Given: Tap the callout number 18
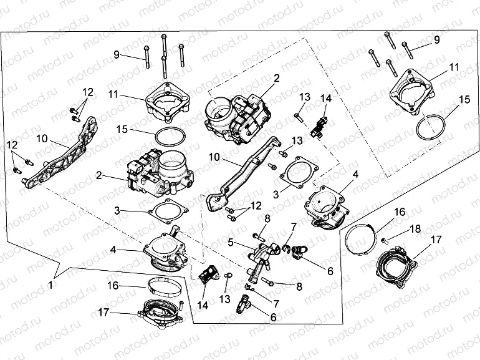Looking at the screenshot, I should tap(415, 229).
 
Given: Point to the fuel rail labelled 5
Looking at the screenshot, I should tap(262, 256).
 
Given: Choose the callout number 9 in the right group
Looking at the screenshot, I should tap(437, 39).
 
